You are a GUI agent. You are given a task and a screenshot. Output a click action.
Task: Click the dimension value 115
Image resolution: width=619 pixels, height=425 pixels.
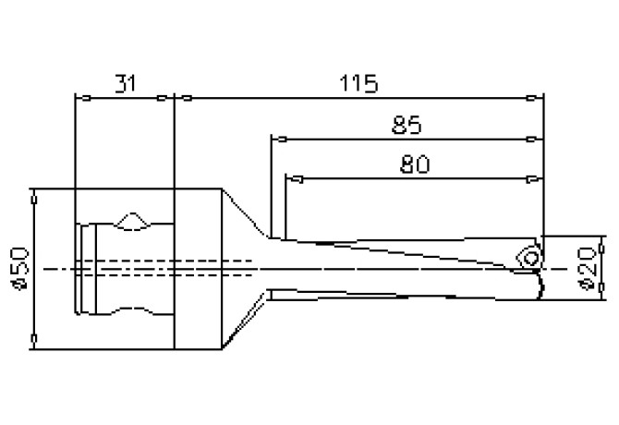pos(358,84)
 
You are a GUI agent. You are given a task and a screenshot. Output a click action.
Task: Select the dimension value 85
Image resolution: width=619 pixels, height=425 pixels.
pos(407,124)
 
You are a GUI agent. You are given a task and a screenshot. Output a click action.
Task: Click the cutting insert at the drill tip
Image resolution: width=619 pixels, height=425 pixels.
pos(529,255)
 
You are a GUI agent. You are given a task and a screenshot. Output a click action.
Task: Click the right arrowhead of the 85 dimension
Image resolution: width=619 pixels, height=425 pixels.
pos(532,139)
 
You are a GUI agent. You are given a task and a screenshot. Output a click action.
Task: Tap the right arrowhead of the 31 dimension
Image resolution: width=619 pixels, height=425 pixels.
pos(166,97)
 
